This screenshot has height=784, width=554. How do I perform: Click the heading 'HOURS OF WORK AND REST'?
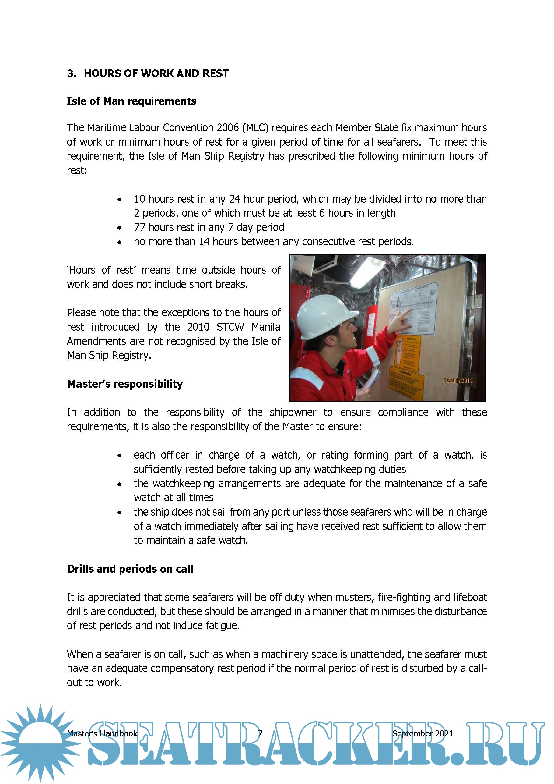click(x=156, y=73)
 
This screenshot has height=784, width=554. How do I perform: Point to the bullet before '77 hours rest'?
click(x=119, y=228)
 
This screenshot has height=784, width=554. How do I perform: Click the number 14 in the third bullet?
click(x=204, y=242)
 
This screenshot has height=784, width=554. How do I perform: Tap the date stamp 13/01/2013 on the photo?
click(x=458, y=381)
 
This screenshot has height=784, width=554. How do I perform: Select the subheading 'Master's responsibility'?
click(x=125, y=384)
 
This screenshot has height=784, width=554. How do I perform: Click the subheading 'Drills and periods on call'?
click(x=130, y=569)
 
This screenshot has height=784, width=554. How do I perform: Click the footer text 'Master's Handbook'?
click(x=102, y=733)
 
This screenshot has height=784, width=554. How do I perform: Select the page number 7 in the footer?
click(x=260, y=733)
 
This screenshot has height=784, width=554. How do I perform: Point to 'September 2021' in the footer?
click(x=423, y=733)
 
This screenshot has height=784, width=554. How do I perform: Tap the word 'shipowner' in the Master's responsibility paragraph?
click(x=293, y=413)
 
